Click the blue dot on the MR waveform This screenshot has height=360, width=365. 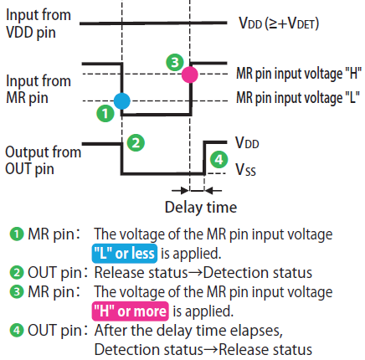click(x=122, y=100)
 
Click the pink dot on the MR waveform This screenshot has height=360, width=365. click(x=190, y=75)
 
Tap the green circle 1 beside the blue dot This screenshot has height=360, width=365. click(x=105, y=113)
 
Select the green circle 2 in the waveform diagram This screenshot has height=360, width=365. click(x=136, y=142)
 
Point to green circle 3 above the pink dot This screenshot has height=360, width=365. click(x=175, y=62)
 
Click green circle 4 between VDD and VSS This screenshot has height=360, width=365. click(x=218, y=159)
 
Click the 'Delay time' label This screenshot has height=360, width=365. click(x=201, y=208)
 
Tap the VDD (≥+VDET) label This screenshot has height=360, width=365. click(x=279, y=23)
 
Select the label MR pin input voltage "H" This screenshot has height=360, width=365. click(x=299, y=74)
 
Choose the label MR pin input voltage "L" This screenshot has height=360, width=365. click(x=298, y=98)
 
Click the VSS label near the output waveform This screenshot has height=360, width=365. click(x=245, y=169)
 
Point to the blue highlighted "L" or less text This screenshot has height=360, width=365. click(x=125, y=254)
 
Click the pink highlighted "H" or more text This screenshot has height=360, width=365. click(x=131, y=311)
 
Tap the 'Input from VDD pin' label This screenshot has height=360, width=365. click(x=39, y=23)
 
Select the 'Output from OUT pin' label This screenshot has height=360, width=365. click(x=44, y=161)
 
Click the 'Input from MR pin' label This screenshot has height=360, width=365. click(x=39, y=90)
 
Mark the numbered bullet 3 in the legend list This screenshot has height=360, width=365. click(x=17, y=292)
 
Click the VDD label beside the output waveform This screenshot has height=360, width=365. click(x=247, y=142)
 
